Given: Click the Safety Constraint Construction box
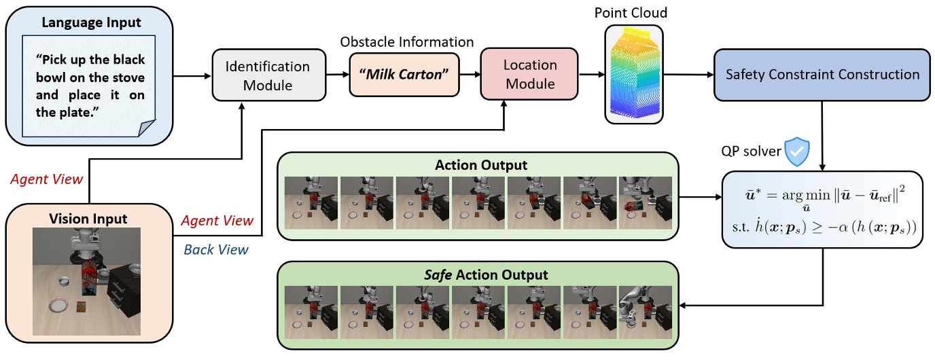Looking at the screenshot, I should click(823, 75).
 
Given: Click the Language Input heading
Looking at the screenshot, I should click(91, 22).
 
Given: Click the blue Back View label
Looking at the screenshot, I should click(217, 249).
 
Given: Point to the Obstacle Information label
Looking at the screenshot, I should click(406, 41).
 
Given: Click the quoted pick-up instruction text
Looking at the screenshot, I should click(91, 84).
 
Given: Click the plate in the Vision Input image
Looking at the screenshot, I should click(58, 306).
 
